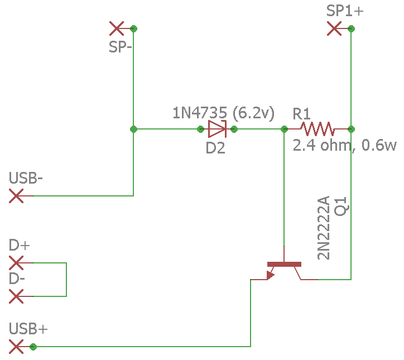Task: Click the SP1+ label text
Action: click(345, 11)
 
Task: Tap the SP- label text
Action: click(121, 47)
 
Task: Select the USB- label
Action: click(26, 178)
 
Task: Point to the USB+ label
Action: click(28, 329)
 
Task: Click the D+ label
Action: click(19, 245)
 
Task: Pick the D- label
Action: click(17, 279)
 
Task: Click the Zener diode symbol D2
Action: click(217, 129)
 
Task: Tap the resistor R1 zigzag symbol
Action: click(318, 129)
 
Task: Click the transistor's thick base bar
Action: click(284, 264)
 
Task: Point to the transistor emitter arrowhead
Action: click(270, 275)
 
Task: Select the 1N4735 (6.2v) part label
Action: click(223, 113)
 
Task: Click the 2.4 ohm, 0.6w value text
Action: click(344, 145)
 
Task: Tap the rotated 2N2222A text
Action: click(323, 228)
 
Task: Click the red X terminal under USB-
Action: click(16, 196)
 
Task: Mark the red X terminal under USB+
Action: click(16, 347)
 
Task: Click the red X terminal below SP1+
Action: click(334, 28)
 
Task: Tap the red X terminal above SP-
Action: click(117, 28)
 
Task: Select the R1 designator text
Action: click(301, 114)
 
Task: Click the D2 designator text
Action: click(215, 148)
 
